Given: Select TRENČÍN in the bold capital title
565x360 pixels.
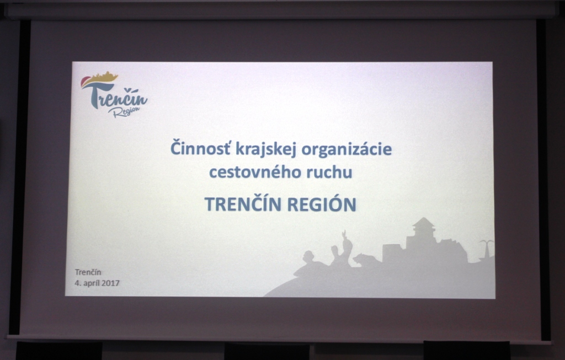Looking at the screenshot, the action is [243, 203].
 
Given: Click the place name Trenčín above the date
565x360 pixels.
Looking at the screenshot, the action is [88, 272].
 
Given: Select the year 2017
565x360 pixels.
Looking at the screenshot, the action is [110, 283].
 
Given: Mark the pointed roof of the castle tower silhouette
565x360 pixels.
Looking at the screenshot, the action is [424, 222].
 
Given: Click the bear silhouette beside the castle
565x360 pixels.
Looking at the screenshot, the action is [365, 259].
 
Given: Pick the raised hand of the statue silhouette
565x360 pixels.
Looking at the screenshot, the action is [344, 234].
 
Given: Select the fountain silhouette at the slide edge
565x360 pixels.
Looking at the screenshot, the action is [486, 250].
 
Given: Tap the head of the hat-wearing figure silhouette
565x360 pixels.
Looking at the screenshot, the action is [308, 256].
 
